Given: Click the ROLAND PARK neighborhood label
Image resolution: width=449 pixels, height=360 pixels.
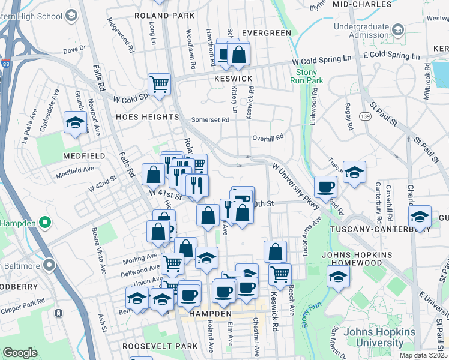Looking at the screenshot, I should click(164, 15).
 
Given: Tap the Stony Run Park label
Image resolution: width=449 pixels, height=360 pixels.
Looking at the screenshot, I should click(310, 76).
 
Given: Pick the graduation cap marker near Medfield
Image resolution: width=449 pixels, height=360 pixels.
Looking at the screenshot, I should click(75, 122).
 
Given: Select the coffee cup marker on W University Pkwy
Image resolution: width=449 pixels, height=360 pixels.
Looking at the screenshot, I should click(325, 187).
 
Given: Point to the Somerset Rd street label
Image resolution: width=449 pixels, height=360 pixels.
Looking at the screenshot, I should click(210, 120).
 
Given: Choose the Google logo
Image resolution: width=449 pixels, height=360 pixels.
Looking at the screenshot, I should click(20, 353).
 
